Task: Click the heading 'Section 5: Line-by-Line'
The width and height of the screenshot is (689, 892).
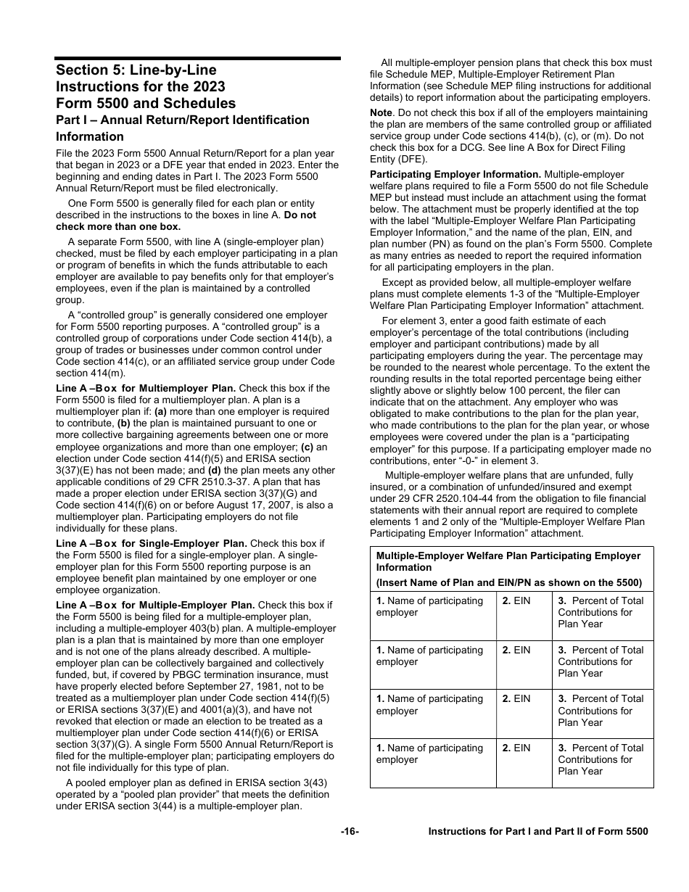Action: click(136, 70)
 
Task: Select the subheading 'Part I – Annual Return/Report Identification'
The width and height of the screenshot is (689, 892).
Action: click(183, 120)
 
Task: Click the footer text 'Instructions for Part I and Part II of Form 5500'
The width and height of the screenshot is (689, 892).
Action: click(538, 832)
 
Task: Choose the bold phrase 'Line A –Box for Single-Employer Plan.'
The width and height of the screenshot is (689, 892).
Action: click(152, 543)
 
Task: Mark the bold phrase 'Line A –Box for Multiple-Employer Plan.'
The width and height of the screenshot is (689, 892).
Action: click(155, 605)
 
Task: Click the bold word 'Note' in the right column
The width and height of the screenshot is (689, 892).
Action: click(381, 112)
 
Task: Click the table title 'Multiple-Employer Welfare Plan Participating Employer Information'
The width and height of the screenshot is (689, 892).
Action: click(508, 561)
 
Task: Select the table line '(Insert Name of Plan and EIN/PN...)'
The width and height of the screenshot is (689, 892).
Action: click(508, 582)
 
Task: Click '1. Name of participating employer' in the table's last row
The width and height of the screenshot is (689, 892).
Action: click(429, 753)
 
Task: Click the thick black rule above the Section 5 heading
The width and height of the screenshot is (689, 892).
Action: click(198, 58)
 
